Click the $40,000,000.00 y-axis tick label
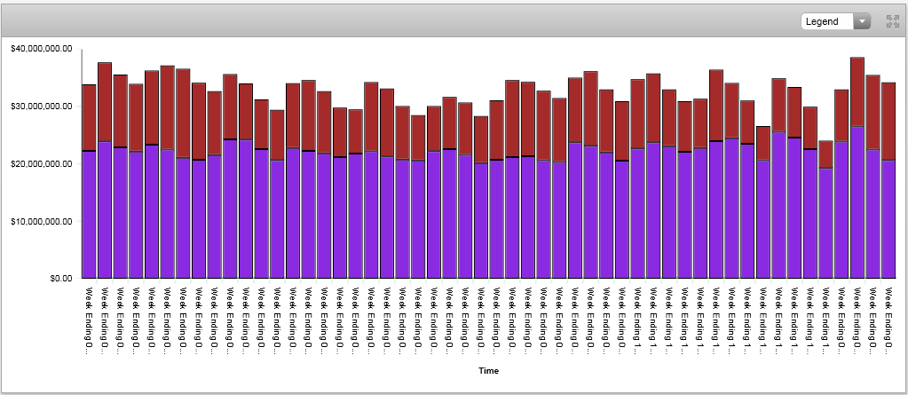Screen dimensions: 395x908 tap(40, 49)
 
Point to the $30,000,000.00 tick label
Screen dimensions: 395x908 tap(40, 107)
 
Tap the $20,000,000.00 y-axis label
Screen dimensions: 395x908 tap(40, 164)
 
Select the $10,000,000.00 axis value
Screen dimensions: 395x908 tap(40, 221)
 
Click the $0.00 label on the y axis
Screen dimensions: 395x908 tap(54, 278)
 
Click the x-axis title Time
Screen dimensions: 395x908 tap(488, 370)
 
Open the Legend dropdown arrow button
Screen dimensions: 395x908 tap(861, 21)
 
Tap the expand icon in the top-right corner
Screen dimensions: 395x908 tap(892, 21)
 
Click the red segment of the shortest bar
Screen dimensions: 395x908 tap(825, 154)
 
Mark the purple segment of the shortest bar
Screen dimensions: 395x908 tap(825, 223)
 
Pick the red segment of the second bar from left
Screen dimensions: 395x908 tap(105, 102)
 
